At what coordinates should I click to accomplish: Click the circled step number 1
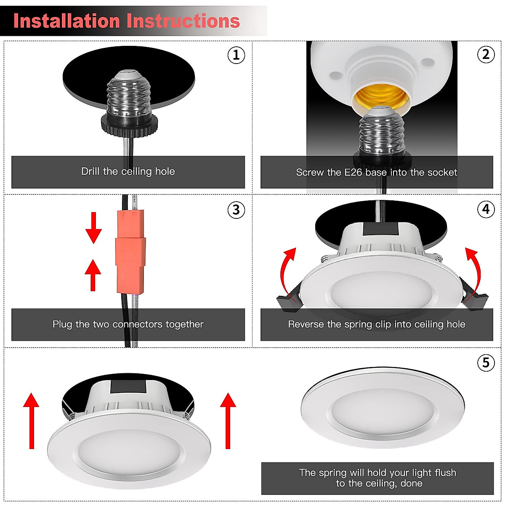click(236, 55)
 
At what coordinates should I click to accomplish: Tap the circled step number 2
click(486, 54)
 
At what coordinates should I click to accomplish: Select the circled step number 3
click(236, 210)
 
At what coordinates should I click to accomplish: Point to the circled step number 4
click(486, 209)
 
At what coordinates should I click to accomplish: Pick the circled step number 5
click(486, 362)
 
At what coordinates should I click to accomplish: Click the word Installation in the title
click(66, 21)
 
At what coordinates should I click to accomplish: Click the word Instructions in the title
click(183, 21)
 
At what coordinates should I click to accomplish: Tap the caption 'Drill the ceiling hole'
click(128, 172)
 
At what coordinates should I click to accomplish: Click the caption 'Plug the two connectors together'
click(128, 324)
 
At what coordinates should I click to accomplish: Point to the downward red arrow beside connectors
click(93, 228)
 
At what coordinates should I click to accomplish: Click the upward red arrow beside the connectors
click(93, 274)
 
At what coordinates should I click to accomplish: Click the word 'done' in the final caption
click(411, 484)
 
